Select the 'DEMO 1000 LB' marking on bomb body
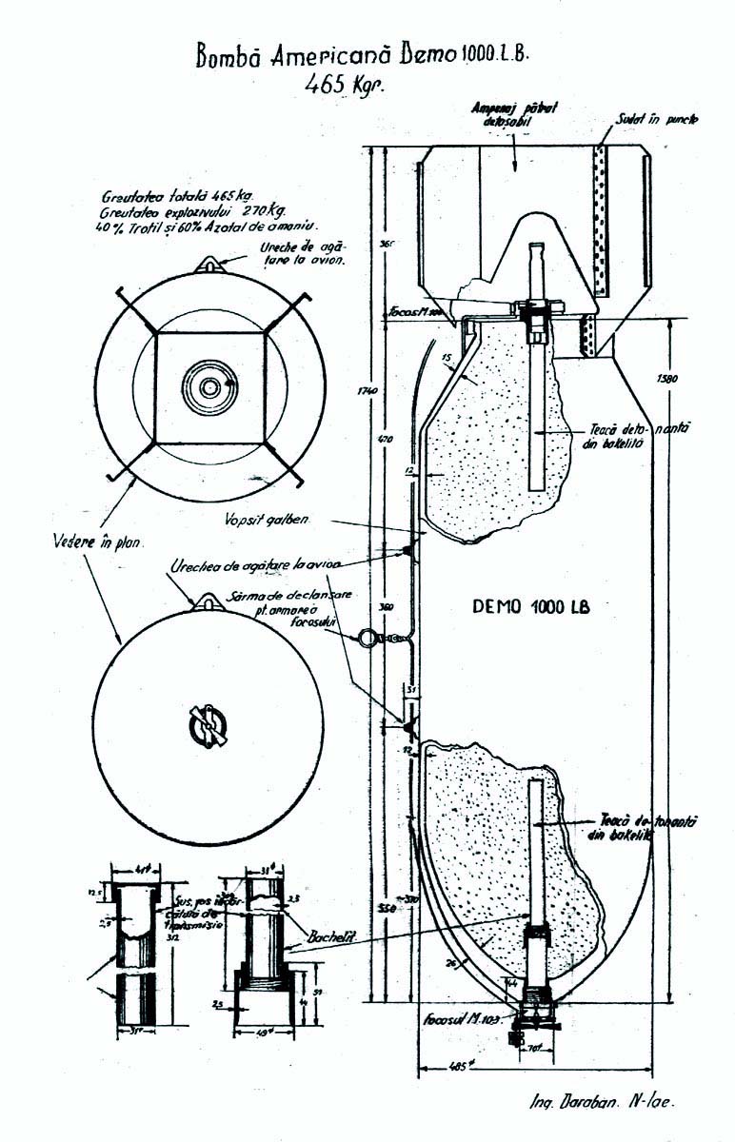(530, 607)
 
